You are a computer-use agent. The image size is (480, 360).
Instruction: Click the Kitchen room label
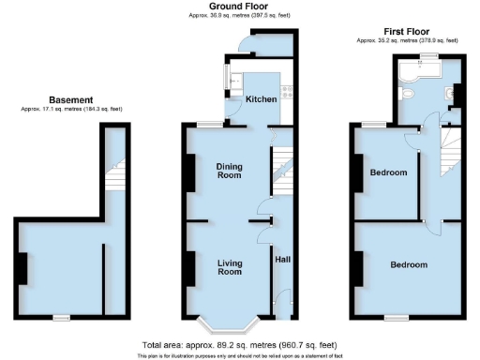260,98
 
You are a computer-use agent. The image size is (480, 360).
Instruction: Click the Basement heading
71,99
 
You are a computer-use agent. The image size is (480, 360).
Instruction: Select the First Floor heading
407,31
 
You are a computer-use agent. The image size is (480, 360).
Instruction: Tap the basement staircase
116,175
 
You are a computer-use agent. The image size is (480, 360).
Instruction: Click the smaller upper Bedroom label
387,172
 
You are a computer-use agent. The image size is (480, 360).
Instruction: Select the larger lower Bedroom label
410,264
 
